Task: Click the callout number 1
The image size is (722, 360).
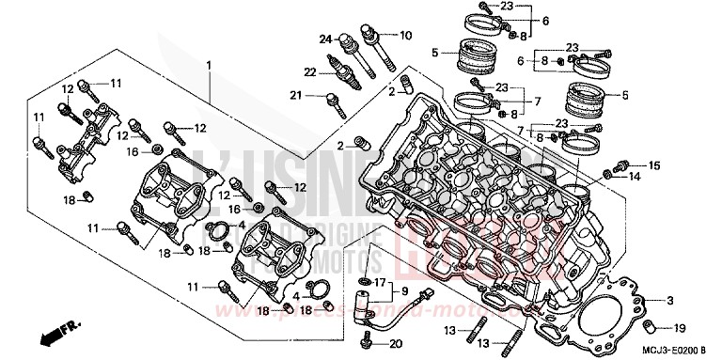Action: click(209, 64)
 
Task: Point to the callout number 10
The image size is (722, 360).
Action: click(405, 36)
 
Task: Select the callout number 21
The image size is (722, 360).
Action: click(294, 95)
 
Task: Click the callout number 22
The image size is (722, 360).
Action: click(308, 72)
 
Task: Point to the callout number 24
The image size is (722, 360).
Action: click(325, 39)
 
